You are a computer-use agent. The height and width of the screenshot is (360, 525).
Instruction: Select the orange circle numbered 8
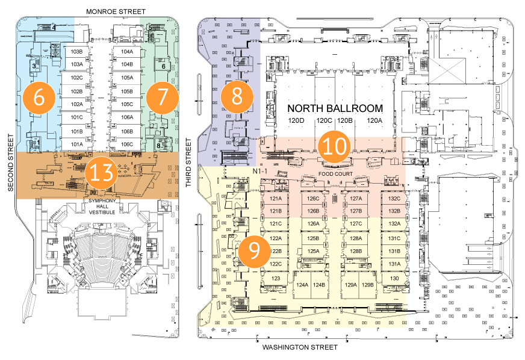click(x=237, y=96)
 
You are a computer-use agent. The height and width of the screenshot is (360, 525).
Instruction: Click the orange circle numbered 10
click(x=333, y=147)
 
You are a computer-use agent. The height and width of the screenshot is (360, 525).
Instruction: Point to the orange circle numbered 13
click(x=100, y=173)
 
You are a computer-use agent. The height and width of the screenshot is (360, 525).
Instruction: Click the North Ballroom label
click(x=335, y=108)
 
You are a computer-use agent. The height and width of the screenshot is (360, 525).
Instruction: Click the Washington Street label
click(x=299, y=348)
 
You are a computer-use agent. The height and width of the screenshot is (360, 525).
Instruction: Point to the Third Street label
click(x=188, y=163)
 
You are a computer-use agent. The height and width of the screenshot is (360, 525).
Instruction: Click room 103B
click(x=76, y=52)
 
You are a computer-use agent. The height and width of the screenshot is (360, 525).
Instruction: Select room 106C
click(x=126, y=144)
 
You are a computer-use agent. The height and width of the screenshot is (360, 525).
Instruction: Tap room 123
click(x=276, y=279)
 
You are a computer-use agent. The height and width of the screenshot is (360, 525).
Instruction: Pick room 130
click(x=394, y=279)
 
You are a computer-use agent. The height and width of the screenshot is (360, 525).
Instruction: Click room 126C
click(x=313, y=199)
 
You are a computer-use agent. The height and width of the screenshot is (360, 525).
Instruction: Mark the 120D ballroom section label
click(x=296, y=122)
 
